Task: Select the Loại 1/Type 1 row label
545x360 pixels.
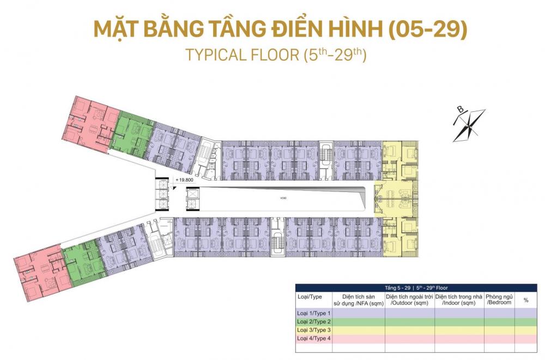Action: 313,313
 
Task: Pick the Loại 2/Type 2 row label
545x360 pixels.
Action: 313,321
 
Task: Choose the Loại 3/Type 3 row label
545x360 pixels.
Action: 313,330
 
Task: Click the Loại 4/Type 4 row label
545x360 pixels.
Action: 313,339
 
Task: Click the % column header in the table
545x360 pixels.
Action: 525,300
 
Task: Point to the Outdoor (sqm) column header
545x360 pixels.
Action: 409,299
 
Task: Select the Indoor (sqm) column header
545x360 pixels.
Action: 459,299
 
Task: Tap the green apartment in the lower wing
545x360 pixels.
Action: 83,263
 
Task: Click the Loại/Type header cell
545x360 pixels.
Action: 310,297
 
